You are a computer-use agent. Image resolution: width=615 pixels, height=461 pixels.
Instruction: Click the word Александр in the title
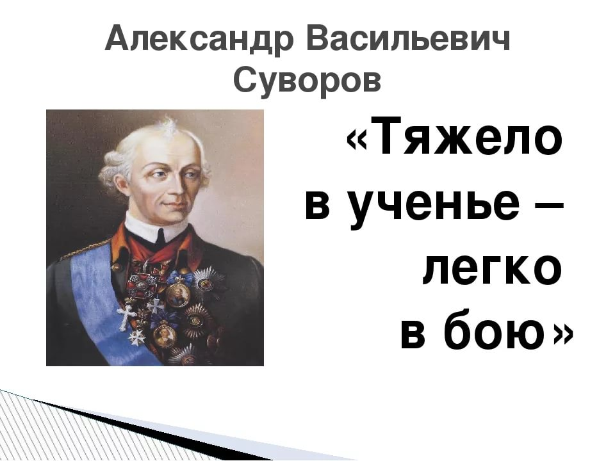pos(199,39)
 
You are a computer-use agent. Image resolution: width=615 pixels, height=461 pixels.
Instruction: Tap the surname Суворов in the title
pos(307,79)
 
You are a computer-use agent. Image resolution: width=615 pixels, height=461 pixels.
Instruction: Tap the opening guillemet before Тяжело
pos(357,140)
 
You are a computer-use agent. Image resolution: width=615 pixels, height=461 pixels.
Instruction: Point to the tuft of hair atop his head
pos(169,124)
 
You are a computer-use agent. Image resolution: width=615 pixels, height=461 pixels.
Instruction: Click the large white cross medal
pos(126,316)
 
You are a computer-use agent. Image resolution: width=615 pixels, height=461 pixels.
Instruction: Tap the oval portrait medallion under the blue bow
pos(179,293)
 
